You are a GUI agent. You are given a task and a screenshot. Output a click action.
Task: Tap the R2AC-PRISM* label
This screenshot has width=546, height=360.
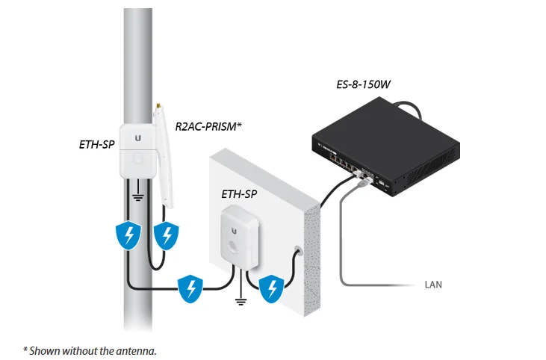point(208,127)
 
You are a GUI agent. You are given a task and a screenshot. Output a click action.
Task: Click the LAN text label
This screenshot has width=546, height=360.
point(434,285)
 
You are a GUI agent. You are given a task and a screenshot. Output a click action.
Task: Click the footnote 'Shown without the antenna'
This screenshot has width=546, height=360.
point(90,349)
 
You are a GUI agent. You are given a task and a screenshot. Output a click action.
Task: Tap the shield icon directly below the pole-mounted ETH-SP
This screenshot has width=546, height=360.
point(131,236)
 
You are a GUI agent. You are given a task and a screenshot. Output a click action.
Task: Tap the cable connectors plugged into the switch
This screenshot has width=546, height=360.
point(360,176)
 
